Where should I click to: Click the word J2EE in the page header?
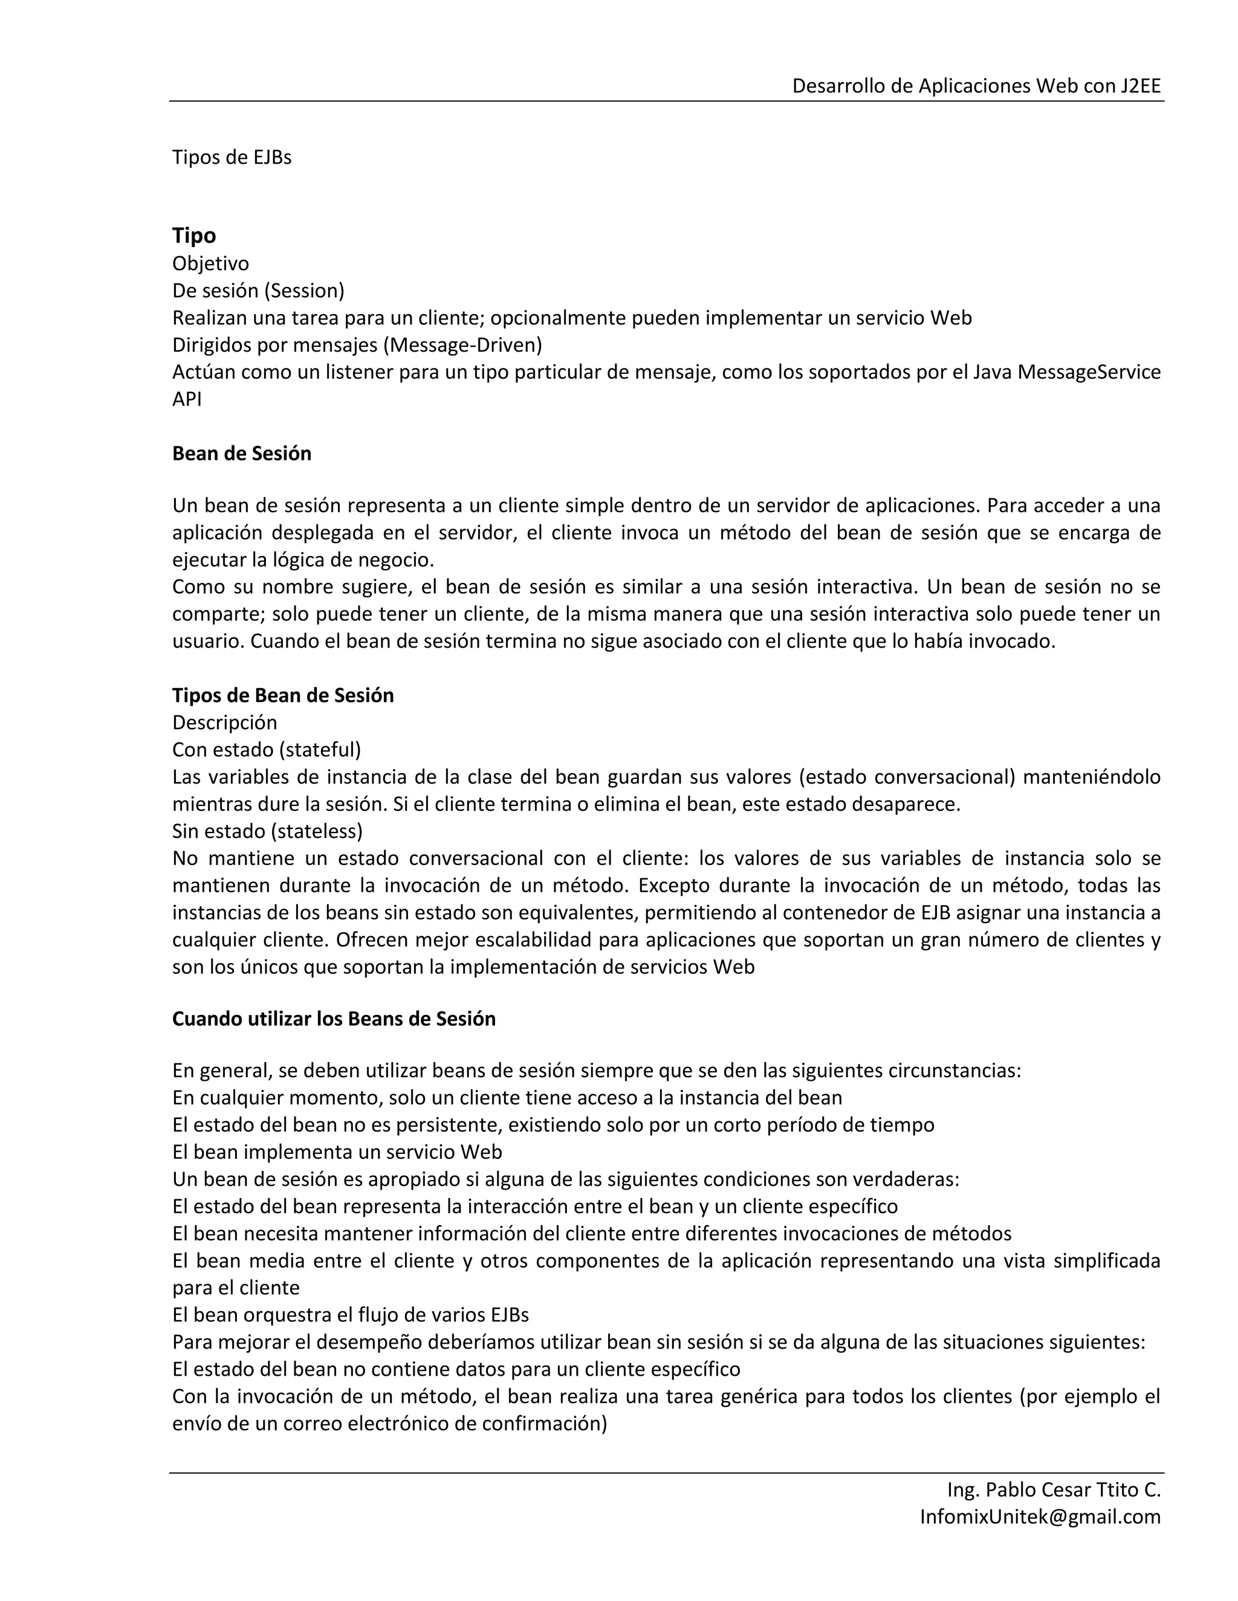point(1141,86)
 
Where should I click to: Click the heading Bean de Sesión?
point(241,454)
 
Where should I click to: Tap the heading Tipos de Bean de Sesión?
point(282,695)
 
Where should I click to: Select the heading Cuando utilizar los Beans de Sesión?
point(334,1019)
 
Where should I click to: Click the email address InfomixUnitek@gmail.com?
point(1040,1516)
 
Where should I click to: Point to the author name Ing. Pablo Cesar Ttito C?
point(1053,1490)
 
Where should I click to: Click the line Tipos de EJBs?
point(232,158)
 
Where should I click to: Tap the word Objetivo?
point(210,263)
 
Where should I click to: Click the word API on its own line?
point(187,399)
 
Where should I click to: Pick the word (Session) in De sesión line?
point(305,291)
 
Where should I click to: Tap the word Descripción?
point(224,723)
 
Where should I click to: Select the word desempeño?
point(371,1342)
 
